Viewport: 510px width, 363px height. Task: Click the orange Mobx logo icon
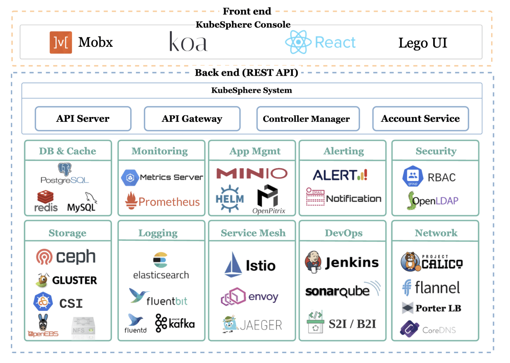(61, 42)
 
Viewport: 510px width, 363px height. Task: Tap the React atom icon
(298, 42)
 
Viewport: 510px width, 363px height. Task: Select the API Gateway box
(192, 119)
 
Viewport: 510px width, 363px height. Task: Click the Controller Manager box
(308, 119)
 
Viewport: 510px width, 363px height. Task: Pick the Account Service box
(420, 119)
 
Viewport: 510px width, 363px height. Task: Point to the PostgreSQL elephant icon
(65, 169)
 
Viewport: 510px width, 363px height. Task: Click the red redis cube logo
(45, 197)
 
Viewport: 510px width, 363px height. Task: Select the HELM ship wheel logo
(230, 199)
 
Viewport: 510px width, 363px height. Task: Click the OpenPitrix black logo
(268, 195)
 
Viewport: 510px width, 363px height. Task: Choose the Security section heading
(436, 151)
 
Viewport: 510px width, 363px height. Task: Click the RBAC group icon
(413, 176)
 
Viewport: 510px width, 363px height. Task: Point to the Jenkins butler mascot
(313, 262)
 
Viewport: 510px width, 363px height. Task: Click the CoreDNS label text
(439, 330)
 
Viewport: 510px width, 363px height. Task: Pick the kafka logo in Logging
(175, 323)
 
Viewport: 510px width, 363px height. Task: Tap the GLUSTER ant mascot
(42, 280)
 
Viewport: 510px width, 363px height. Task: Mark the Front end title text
(247, 11)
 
